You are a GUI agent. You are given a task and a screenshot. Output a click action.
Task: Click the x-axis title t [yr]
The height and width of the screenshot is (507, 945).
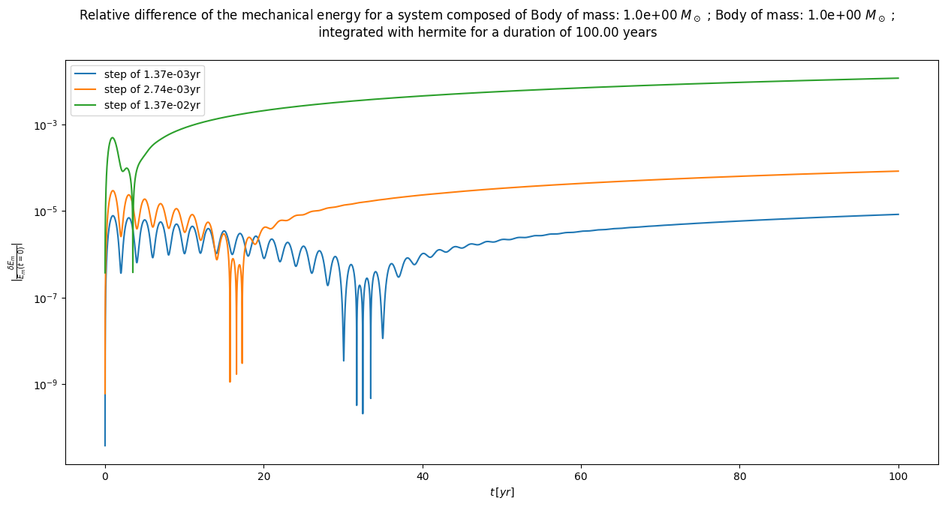tap(501, 493)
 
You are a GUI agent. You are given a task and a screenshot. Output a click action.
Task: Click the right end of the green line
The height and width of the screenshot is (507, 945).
tap(898, 78)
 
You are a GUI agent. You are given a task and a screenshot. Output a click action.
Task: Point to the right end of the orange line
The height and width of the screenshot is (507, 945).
tap(898, 171)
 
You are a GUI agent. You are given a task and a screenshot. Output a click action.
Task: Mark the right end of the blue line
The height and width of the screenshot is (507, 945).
tap(898, 214)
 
